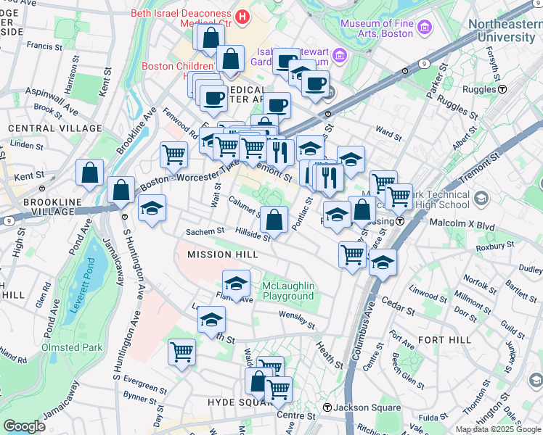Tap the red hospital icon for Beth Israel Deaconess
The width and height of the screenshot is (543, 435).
(x=242, y=14)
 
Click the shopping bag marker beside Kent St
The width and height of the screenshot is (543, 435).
(x=90, y=174)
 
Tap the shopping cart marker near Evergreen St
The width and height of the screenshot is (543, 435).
(x=181, y=352)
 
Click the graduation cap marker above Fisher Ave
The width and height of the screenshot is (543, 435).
(x=236, y=283)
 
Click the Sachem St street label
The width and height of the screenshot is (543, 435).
(x=205, y=231)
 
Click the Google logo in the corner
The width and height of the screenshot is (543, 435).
(x=24, y=426)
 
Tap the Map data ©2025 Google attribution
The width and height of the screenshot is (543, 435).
(x=497, y=429)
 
